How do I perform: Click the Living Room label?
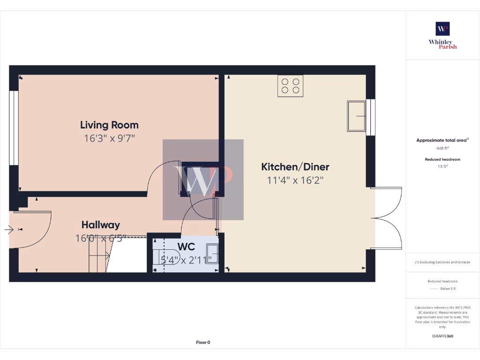pyautogui.click(x=109, y=125)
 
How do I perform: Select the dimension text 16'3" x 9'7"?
pyautogui.click(x=109, y=138)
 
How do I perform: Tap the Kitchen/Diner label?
pyautogui.click(x=295, y=167)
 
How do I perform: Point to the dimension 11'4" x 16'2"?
pyautogui.click(x=295, y=180)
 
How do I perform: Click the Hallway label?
pyautogui.click(x=100, y=225)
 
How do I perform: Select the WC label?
pyautogui.click(x=186, y=247)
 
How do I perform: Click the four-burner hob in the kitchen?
pyautogui.click(x=290, y=86)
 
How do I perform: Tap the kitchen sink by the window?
pyautogui.click(x=356, y=116)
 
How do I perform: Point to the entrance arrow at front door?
pyautogui.click(x=9, y=230)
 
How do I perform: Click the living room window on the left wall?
pyautogui.click(x=14, y=127)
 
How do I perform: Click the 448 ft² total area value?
pyautogui.click(x=442, y=148)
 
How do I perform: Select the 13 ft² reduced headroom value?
pyautogui.click(x=442, y=166)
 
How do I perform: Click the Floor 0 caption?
pyautogui.click(x=203, y=342)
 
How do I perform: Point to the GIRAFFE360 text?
pyautogui.click(x=442, y=336)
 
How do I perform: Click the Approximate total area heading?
pyautogui.click(x=442, y=140)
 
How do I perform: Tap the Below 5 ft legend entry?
pyautogui.click(x=447, y=289)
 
